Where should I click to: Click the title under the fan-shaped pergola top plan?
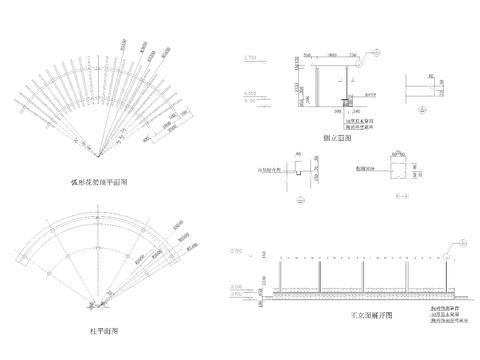(99, 183)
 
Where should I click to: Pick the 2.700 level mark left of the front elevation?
(237, 249)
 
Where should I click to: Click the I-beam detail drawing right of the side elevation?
(420, 86)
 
